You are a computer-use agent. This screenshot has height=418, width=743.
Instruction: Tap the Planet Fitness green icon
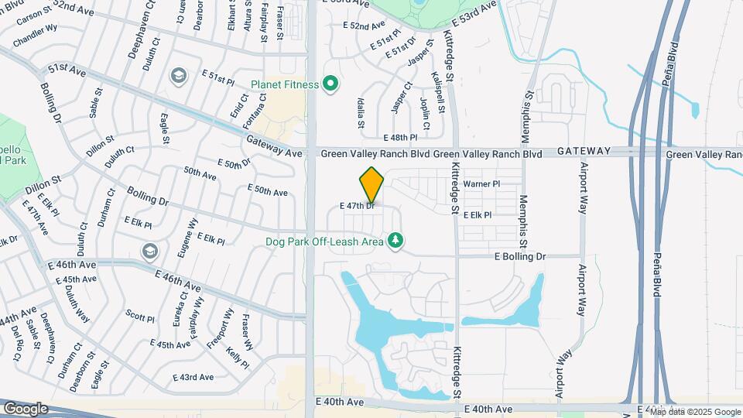tap(331, 83)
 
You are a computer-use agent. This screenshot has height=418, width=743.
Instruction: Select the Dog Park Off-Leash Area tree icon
tap(395, 242)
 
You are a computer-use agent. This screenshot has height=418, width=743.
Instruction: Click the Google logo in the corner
tap(26, 408)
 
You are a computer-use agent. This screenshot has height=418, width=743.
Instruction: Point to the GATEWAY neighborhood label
tap(584, 152)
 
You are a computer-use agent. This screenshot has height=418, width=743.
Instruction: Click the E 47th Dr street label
tap(358, 206)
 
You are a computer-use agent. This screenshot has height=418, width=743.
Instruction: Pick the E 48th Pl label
tap(399, 137)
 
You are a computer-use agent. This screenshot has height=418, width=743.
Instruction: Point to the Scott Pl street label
tap(140, 317)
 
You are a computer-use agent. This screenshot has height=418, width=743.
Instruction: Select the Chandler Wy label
tap(35, 36)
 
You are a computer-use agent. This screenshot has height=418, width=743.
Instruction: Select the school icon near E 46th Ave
tap(149, 251)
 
